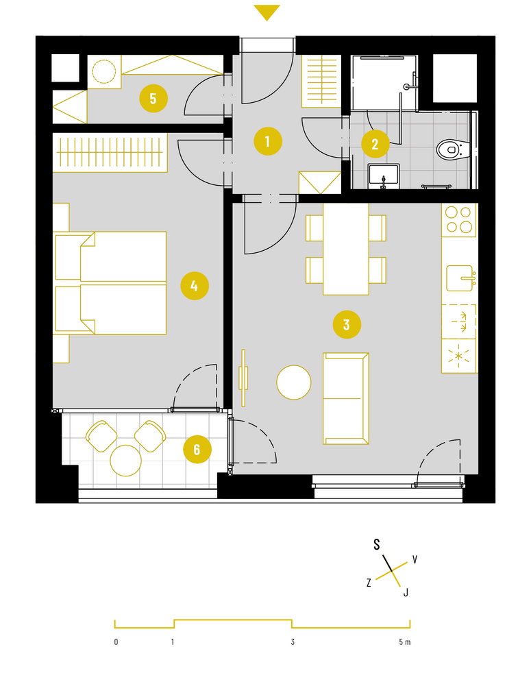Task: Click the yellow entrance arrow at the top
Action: point(267,12)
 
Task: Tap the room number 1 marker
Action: point(268,141)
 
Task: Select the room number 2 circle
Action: point(375,144)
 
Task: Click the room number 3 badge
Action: point(347,324)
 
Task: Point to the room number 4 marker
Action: point(195,287)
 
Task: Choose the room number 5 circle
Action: point(153,99)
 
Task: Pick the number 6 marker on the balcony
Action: point(197,450)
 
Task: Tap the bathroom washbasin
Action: point(384,175)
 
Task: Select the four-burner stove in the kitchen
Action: point(459,220)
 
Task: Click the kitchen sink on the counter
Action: point(460,278)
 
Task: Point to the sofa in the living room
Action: point(346,398)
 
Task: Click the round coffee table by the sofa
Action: point(294,382)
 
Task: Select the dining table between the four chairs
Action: point(346,249)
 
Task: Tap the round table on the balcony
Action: point(125,461)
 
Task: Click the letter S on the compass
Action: point(377,544)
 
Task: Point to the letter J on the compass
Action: point(406,592)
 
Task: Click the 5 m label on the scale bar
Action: point(404,642)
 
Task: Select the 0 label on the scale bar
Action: point(116,642)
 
